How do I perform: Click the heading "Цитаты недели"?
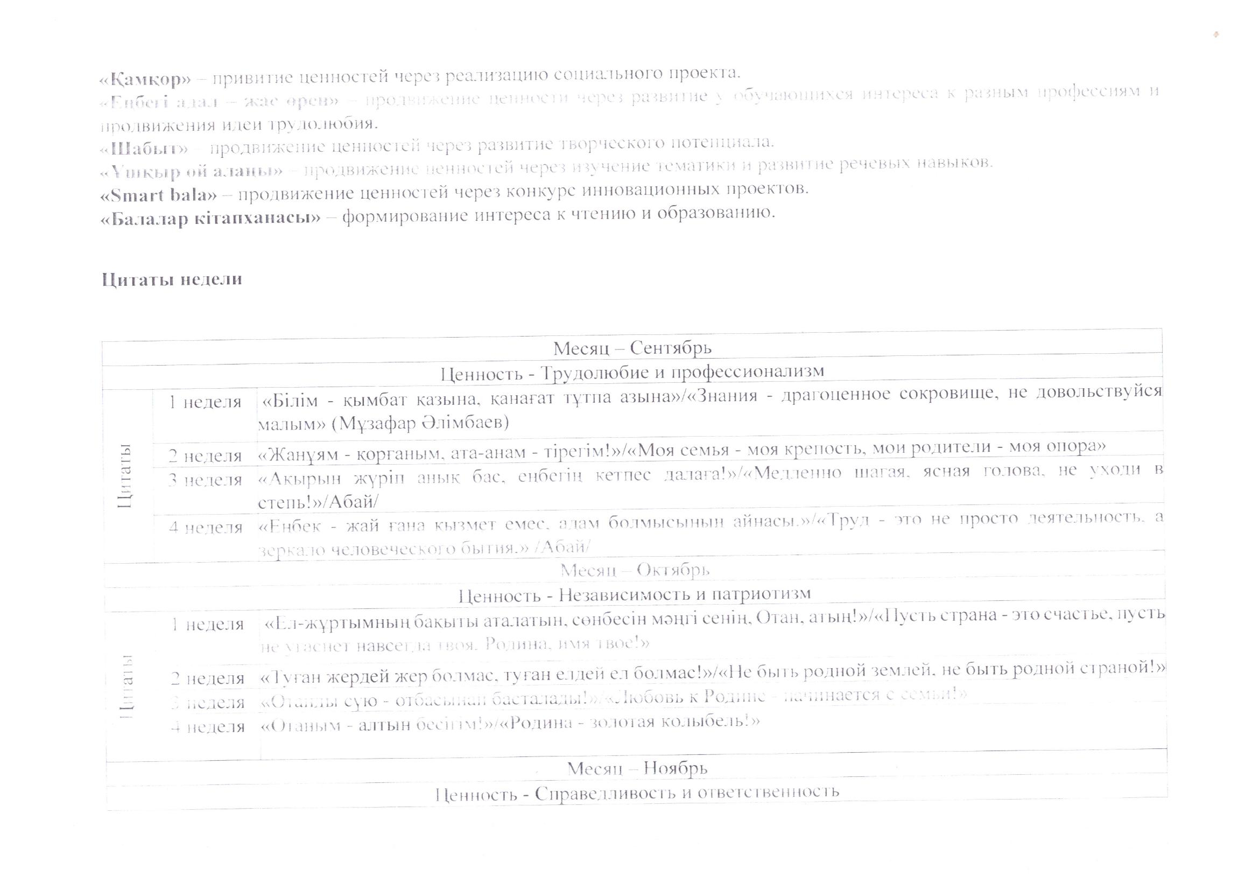point(172,279)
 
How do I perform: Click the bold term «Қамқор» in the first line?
point(145,80)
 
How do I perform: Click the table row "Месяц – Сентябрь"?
point(632,348)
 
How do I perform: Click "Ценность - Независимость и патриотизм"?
point(635,594)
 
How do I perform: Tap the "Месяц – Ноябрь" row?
point(637,768)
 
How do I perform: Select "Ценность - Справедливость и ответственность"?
point(637,793)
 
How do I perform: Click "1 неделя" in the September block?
point(205,403)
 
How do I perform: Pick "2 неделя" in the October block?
point(207,679)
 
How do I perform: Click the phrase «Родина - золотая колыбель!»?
point(631,722)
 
